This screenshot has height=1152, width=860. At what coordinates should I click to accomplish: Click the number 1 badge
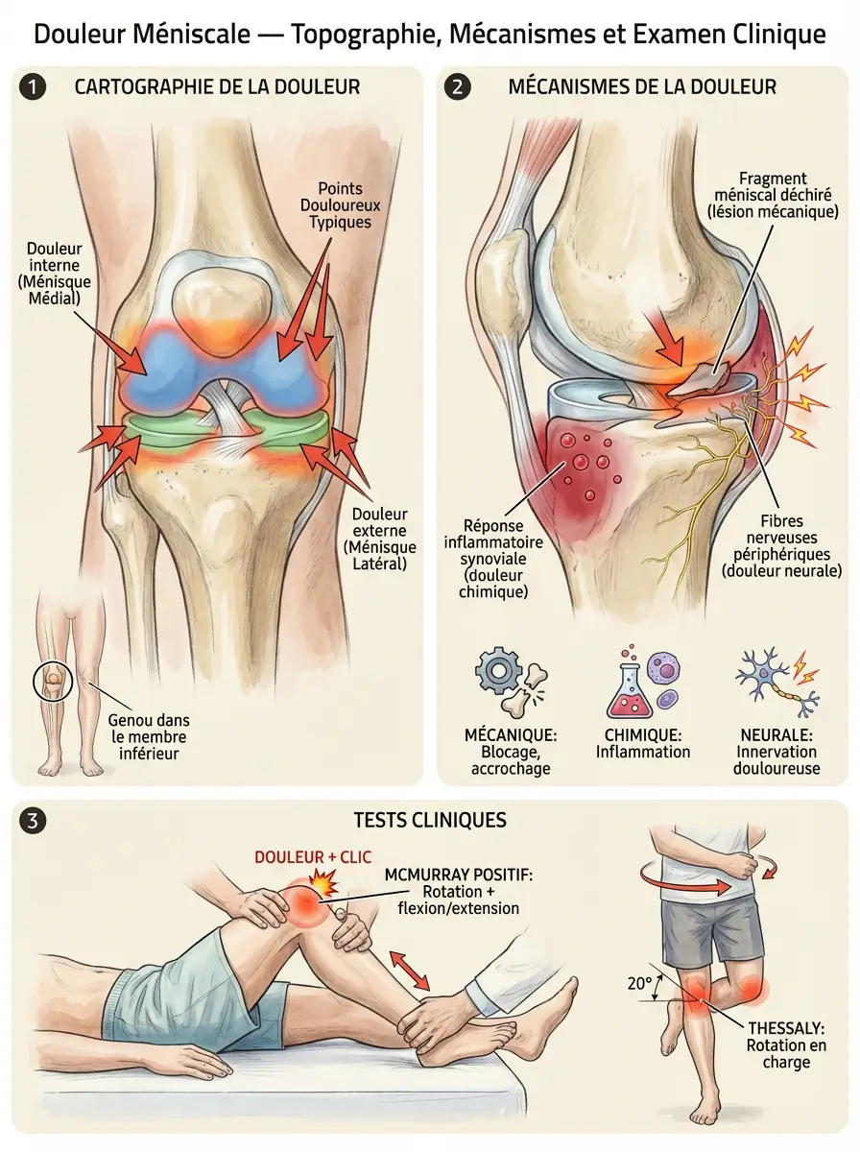click(33, 86)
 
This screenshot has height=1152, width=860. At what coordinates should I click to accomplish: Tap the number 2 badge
click(457, 86)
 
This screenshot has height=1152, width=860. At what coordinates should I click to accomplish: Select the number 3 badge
click(33, 820)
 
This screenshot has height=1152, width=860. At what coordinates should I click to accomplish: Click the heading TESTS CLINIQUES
click(430, 820)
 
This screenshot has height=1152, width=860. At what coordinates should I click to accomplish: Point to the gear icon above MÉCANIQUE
click(498, 670)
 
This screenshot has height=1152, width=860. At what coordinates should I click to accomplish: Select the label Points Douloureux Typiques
click(340, 205)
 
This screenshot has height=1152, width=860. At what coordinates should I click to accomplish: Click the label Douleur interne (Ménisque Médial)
click(55, 273)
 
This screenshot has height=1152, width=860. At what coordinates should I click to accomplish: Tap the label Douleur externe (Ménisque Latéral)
click(380, 539)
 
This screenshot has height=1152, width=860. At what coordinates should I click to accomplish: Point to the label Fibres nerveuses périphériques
click(782, 546)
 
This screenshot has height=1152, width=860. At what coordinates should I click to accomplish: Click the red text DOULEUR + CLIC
click(313, 857)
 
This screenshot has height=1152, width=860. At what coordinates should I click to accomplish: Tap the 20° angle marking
click(639, 983)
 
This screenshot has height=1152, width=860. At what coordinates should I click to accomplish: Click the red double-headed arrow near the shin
click(409, 970)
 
